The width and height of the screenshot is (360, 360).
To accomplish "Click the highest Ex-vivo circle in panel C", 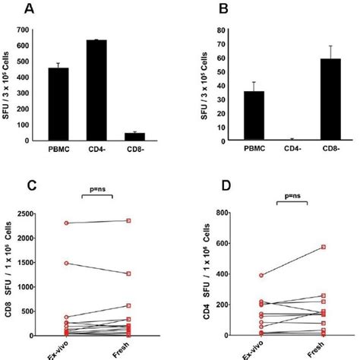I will (x=68, y=223).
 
